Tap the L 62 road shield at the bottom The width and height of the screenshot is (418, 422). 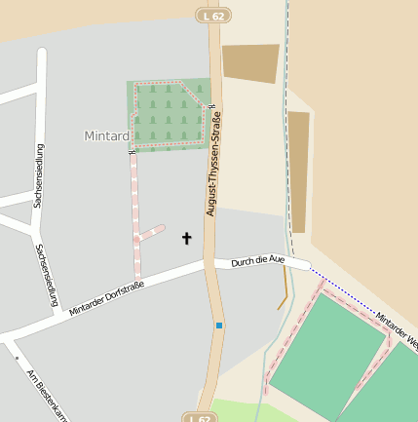(x=199, y=417)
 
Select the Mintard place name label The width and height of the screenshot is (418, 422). (x=106, y=135)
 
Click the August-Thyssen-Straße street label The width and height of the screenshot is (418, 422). (x=212, y=164)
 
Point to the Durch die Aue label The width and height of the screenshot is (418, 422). (x=257, y=260)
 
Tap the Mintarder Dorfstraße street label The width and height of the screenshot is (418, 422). (x=106, y=297)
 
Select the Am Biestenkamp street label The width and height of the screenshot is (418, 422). (x=48, y=400)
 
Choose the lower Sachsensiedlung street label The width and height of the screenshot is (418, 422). (x=46, y=276)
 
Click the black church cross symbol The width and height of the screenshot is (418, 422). (x=186, y=238)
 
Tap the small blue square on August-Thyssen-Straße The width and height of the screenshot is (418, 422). (x=219, y=326)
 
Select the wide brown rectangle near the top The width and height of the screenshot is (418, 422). (x=250, y=62)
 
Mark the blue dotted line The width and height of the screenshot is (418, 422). (x=351, y=298)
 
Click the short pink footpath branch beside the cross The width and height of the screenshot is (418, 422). (x=151, y=233)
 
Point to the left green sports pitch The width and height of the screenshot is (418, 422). (x=327, y=357)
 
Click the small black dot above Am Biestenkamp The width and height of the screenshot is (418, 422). (x=17, y=358)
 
